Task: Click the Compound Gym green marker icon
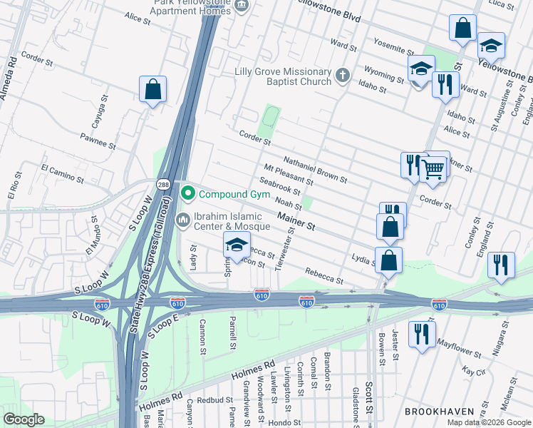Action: [188, 193]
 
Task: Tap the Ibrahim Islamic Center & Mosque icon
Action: [182, 220]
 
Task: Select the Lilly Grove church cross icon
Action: [343, 75]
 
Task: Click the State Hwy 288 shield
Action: [162, 183]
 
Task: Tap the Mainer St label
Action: [296, 220]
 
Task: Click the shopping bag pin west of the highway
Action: [152, 90]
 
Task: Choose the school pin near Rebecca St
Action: [237, 245]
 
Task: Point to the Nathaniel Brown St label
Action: [315, 169]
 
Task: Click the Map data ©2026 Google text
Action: [489, 422]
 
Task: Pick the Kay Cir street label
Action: [472, 371]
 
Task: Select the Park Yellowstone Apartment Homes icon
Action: [242, 6]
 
